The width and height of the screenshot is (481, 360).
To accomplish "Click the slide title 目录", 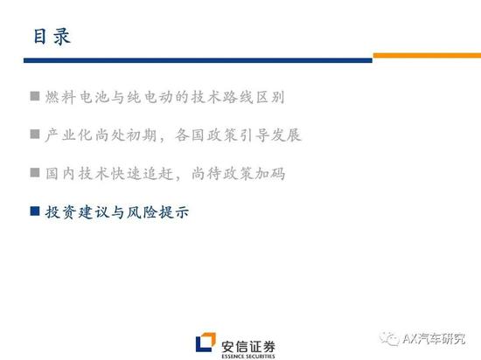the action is point(52,37).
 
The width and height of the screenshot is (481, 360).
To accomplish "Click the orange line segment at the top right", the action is point(427,55).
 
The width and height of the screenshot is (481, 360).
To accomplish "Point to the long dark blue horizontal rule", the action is point(198,60).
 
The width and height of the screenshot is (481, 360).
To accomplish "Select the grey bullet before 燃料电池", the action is point(35,96).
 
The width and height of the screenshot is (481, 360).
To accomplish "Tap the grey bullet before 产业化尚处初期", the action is point(35,135).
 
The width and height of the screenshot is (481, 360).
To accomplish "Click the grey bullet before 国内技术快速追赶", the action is point(35,172).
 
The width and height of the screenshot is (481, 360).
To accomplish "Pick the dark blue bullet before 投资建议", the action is point(35,211).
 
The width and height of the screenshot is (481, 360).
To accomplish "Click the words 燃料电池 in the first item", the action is point(76,98).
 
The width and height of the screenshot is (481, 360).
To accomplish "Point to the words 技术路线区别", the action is point(238,98).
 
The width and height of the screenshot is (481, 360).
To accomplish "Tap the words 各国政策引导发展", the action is point(238,135).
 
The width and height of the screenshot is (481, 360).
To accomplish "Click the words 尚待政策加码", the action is point(239,174).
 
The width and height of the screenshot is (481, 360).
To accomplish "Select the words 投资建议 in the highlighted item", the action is point(76,212).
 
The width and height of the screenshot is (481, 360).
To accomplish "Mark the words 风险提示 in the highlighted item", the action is point(158,212).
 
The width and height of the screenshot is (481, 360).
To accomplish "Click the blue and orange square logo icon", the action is point(206,342).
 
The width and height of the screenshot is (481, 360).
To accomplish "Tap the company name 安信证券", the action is point(248,347).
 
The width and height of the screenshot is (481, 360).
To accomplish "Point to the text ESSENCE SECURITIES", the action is point(248,357).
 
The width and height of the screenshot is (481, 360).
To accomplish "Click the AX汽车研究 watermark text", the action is point(434,339).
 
